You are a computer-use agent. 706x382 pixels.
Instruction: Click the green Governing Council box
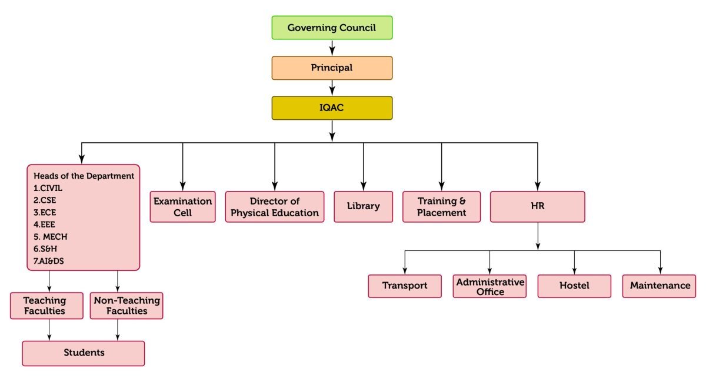tap(332, 28)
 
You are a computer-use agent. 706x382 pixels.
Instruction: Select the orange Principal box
tap(332, 68)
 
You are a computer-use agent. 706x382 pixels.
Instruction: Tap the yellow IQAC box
tap(332, 108)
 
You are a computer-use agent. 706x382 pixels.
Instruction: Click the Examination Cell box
tap(183, 207)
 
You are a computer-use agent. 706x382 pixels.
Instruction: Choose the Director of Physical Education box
tap(275, 207)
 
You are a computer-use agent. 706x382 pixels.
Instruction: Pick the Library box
tap(364, 207)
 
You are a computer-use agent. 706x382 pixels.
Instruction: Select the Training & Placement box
tap(442, 207)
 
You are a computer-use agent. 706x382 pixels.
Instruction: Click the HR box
tap(538, 207)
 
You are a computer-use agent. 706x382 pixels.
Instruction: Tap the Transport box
tap(405, 286)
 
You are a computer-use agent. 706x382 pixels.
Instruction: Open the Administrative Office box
tap(489, 286)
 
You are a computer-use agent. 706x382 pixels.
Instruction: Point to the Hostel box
tap(574, 286)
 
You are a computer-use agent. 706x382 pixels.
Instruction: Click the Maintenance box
tap(659, 286)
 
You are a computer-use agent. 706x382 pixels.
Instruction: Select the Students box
tap(84, 353)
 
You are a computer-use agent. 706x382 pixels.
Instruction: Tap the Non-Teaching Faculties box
tap(126, 306)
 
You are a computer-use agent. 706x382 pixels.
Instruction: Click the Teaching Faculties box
tap(46, 306)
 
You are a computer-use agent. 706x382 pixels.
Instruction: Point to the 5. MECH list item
tap(51, 237)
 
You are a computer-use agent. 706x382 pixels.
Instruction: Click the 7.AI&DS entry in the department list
tap(48, 261)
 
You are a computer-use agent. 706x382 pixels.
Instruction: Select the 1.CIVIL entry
tap(48, 188)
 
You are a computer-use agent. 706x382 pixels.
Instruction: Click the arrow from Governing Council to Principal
tap(332, 48)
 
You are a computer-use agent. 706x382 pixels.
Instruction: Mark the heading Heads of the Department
tap(84, 176)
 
